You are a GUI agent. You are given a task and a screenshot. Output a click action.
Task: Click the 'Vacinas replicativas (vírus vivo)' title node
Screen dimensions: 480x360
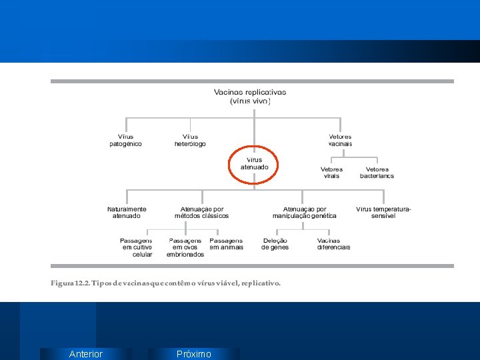click(250, 97)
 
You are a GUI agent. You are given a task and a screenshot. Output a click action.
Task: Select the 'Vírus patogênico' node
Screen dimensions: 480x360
click(125, 140)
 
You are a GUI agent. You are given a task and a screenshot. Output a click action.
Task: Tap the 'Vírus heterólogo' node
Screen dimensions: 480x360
click(190, 140)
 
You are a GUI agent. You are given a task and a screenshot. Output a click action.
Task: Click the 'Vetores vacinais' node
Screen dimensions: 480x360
click(340, 140)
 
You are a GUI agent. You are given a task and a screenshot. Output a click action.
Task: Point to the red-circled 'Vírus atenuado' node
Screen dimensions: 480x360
click(254, 163)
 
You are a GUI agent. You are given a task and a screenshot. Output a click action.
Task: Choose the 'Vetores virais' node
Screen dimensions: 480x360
click(331, 173)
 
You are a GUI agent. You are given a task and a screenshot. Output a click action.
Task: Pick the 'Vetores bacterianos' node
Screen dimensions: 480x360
click(377, 173)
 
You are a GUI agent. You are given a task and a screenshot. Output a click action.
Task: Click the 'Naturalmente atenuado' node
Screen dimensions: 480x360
click(127, 212)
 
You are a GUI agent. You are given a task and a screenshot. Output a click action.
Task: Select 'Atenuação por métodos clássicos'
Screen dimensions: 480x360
click(201, 212)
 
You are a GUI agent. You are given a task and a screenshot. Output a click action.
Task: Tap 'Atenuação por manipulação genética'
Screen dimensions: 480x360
click(304, 212)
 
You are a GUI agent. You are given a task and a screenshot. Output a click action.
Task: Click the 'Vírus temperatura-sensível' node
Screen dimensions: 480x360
click(383, 212)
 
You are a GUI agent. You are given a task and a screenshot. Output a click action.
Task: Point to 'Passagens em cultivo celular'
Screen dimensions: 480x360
click(137, 247)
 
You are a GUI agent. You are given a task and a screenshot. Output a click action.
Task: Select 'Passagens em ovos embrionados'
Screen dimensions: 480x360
click(185, 247)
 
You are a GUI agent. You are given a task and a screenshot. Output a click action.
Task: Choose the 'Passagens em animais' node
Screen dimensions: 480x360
click(226, 244)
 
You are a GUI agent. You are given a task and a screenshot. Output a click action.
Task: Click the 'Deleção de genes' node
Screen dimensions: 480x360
click(275, 244)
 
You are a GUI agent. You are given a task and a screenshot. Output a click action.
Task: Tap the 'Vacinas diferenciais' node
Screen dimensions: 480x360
click(333, 244)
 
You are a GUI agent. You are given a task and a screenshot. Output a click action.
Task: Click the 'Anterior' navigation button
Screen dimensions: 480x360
click(86, 354)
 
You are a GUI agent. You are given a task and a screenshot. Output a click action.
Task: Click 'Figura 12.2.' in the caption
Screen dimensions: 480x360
click(70, 283)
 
